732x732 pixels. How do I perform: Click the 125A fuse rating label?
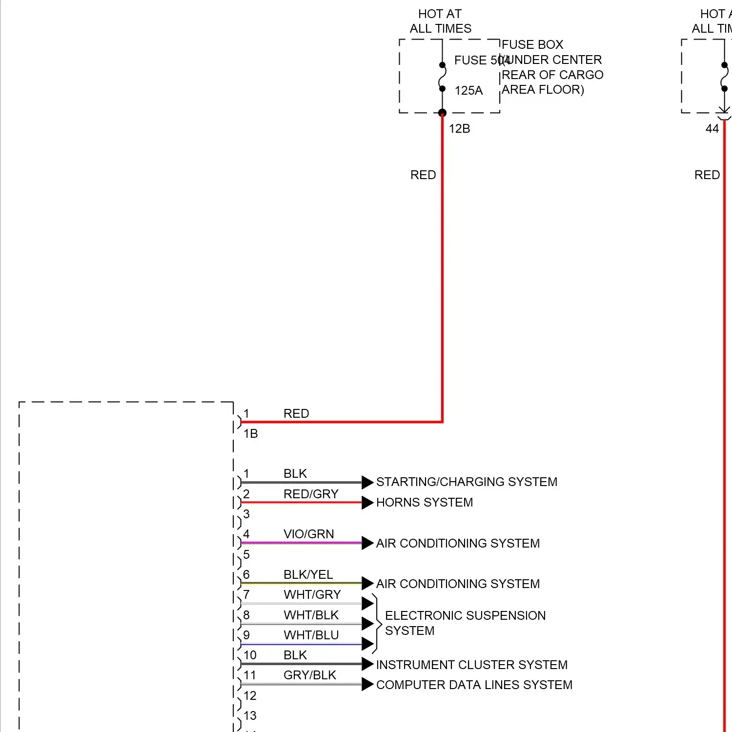click(x=468, y=91)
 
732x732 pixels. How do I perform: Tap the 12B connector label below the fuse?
click(x=459, y=129)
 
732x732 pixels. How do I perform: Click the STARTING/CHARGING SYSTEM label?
click(x=467, y=482)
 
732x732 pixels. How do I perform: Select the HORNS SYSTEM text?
click(x=425, y=503)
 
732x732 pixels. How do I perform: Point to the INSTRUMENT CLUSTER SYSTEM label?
click(x=472, y=665)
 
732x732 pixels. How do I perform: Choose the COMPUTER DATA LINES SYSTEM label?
click(x=474, y=685)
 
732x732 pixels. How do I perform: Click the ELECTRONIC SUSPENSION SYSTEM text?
click(x=465, y=623)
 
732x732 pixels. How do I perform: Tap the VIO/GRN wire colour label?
click(x=309, y=534)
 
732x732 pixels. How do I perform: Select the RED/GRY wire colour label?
click(x=311, y=494)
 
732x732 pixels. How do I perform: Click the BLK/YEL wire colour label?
click(x=308, y=575)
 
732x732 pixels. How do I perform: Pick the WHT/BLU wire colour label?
click(x=311, y=635)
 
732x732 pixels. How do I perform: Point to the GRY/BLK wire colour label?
click(x=310, y=675)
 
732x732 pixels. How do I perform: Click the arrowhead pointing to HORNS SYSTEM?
click(x=367, y=503)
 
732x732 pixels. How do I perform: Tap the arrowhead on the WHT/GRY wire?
click(x=367, y=604)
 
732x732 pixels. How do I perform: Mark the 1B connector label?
click(x=251, y=434)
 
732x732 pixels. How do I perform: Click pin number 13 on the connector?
click(x=250, y=716)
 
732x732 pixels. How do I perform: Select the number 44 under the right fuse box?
click(x=712, y=129)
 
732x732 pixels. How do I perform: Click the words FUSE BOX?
click(x=532, y=45)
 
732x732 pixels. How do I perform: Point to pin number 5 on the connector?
click(x=246, y=555)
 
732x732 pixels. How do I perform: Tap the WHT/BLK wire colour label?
click(x=311, y=615)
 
